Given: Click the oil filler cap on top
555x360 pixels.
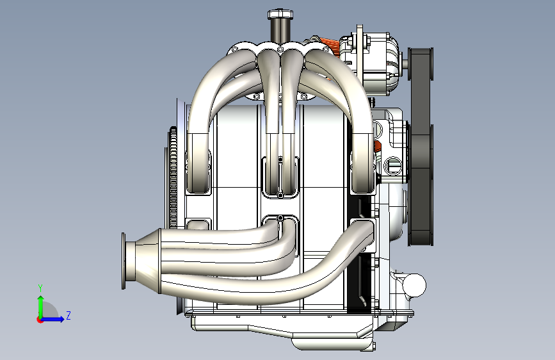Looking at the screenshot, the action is click(x=280, y=14).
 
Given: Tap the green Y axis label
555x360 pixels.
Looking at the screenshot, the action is click(x=40, y=288).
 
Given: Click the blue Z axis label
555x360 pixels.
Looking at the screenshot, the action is click(x=68, y=315).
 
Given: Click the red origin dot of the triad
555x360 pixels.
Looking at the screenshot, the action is click(x=40, y=320).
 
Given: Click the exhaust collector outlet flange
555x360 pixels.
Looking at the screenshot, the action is click(x=124, y=261).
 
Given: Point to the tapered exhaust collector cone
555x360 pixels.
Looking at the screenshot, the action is click(x=143, y=261).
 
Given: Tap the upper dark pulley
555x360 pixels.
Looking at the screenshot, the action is click(x=421, y=64).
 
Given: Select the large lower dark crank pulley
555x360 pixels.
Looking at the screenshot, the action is click(x=421, y=185).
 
